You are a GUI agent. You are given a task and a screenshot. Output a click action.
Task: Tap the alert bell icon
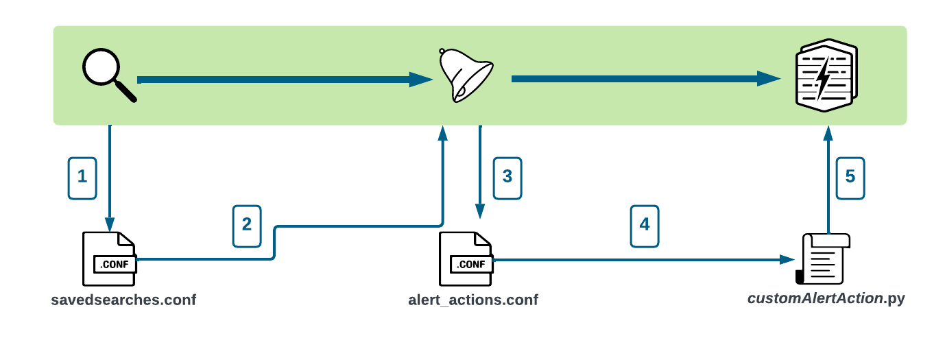click(x=465, y=76)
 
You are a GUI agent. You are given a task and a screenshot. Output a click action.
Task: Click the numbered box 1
click(x=82, y=177)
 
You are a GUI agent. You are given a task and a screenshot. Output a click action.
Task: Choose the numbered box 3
click(x=507, y=177)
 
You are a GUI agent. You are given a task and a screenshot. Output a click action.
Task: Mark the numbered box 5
click(x=850, y=177)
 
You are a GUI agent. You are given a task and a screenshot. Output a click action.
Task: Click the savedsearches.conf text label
click(x=123, y=300)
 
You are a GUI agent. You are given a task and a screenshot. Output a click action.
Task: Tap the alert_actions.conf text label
click(x=473, y=300)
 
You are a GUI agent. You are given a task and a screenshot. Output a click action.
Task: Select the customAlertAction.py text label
click(x=826, y=300)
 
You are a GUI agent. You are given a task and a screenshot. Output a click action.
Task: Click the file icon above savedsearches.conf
click(x=110, y=259)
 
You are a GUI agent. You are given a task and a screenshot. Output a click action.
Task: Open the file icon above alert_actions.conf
click(x=466, y=259)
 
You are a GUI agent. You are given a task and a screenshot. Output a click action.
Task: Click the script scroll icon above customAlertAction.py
click(x=823, y=259)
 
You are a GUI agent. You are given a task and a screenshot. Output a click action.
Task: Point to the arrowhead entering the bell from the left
click(x=420, y=80)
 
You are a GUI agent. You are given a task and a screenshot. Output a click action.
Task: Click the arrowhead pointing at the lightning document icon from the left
click(x=769, y=80)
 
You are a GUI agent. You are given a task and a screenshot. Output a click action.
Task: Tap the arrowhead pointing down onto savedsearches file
click(x=110, y=224)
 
